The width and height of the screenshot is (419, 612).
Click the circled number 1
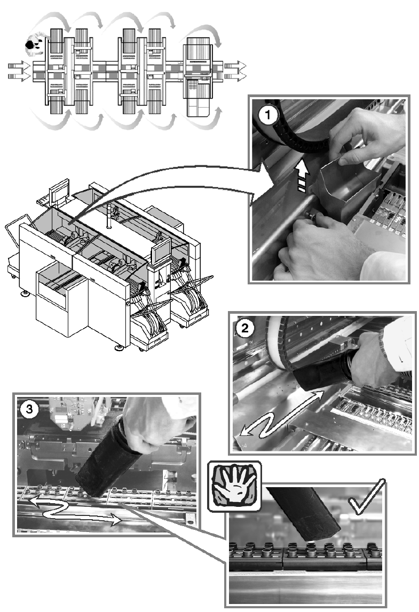point(268,116)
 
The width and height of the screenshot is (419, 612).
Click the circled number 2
point(245,328)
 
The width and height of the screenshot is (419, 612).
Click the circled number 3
point(29,409)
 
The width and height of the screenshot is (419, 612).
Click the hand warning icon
point(234,486)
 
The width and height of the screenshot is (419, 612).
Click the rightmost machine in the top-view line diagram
point(199,77)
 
